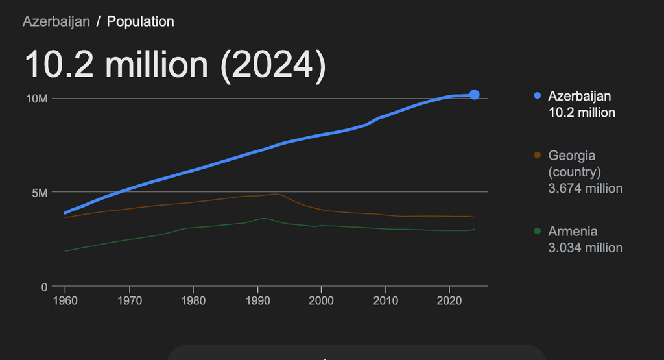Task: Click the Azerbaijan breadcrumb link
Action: point(56,21)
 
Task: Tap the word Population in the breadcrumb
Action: point(141,21)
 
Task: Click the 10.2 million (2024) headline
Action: point(174,65)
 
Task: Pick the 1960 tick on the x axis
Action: point(65,301)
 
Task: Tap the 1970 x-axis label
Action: point(129,301)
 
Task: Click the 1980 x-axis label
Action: point(193,301)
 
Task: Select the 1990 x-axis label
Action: point(257,301)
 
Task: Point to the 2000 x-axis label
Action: point(321,301)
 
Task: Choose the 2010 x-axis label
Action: point(385,301)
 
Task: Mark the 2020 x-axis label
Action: point(449,301)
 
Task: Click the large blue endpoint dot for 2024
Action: point(475,95)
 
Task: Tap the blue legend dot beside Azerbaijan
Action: point(537,96)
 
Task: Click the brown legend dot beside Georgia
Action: point(537,156)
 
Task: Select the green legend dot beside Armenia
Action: point(537,232)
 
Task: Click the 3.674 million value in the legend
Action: point(585,189)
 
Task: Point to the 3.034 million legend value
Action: point(585,248)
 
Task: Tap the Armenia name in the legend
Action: point(573,232)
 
